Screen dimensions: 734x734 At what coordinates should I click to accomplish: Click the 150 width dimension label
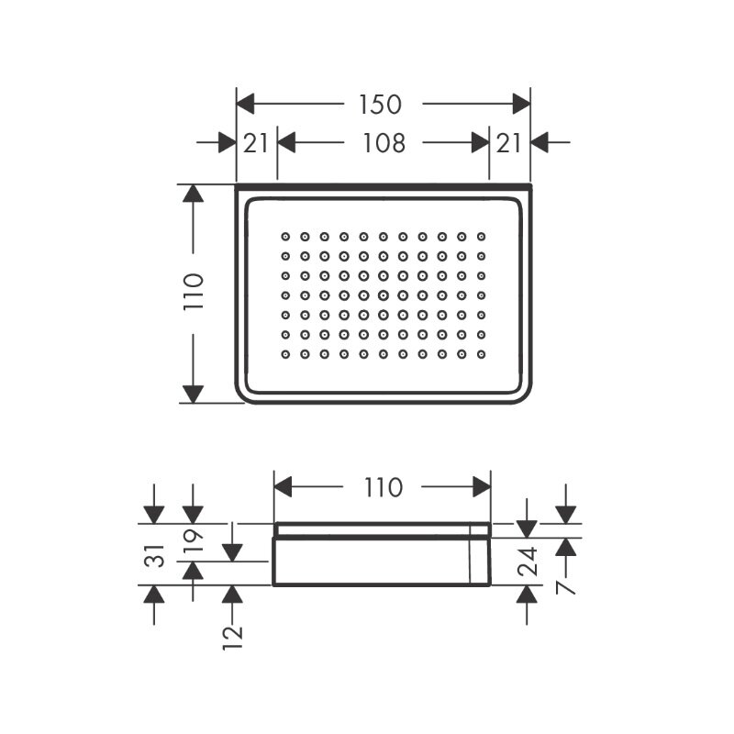[380, 105]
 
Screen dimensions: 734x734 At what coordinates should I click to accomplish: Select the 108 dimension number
[384, 143]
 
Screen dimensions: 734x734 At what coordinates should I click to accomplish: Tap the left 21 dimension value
[256, 143]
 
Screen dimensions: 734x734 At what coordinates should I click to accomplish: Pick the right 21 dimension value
[508, 143]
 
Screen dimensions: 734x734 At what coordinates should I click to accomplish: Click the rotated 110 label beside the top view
[194, 291]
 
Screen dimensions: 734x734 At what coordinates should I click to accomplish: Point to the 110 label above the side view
[384, 487]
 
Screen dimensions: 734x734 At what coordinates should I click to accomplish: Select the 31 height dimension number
[155, 556]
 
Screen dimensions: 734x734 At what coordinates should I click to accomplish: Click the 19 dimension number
[194, 540]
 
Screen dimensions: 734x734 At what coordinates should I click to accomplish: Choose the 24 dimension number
[528, 562]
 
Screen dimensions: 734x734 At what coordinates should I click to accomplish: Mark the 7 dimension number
[566, 586]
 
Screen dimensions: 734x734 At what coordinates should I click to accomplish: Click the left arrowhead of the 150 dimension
[245, 104]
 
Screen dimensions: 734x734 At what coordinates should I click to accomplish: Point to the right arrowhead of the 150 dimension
[521, 104]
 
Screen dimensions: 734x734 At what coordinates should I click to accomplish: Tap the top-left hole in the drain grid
[285, 237]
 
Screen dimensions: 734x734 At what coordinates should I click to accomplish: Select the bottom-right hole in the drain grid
[481, 354]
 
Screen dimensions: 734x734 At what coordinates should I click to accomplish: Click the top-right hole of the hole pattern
[481, 237]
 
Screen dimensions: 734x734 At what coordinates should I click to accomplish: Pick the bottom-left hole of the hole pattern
[285, 354]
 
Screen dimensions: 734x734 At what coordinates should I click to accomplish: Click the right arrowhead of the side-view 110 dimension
[482, 487]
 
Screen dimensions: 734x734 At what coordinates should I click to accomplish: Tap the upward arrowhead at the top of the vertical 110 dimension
[194, 194]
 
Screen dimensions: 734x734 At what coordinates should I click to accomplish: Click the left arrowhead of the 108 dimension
[286, 142]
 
